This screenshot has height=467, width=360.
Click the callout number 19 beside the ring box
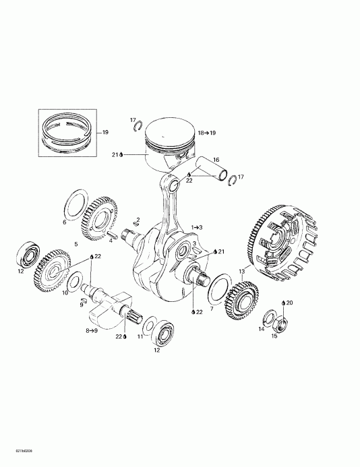pyautogui.click(x=104, y=133)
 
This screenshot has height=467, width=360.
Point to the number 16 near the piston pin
pyautogui.click(x=216, y=160)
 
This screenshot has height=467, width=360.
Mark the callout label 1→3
pyautogui.click(x=197, y=227)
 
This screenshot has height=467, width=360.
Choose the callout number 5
pyautogui.click(x=76, y=243)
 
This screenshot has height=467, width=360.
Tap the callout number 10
pyautogui.click(x=65, y=293)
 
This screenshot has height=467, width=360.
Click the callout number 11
pyautogui.click(x=140, y=336)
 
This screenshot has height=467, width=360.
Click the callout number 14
pyautogui.click(x=262, y=329)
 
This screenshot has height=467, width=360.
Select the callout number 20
pyautogui.click(x=290, y=303)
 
